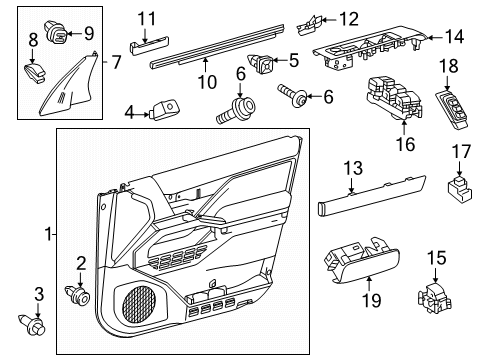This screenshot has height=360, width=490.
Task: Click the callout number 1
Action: [x=47, y=235]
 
